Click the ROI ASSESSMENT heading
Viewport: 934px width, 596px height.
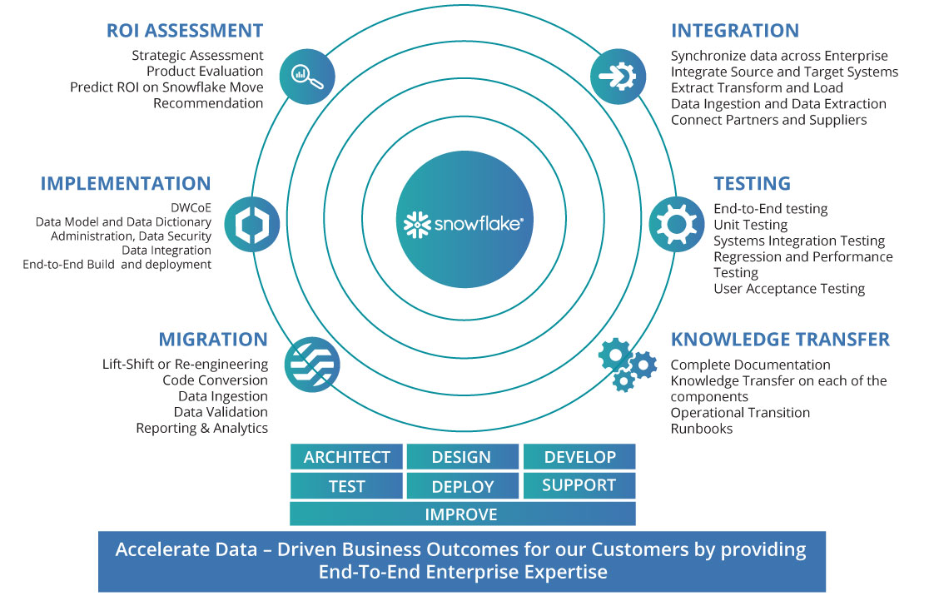coord(185,31)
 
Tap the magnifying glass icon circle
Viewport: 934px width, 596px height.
coord(307,77)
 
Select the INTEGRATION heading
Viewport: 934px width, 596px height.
coord(734,31)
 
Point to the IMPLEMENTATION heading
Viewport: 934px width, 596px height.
coord(126,184)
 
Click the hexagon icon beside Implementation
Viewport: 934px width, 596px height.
coord(251,224)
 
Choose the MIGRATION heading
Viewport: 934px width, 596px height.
coord(213,340)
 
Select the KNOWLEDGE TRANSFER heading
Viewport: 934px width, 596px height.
coord(780,340)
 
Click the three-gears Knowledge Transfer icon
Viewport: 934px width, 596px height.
coord(627,364)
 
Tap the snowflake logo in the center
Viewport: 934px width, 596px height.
coord(463,223)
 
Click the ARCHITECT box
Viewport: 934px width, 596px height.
coord(346,457)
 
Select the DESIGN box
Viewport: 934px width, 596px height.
coord(462,457)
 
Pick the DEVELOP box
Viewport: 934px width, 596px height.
coord(579,457)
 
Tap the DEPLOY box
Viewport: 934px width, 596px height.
coord(462,486)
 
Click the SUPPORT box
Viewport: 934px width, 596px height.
coord(579,485)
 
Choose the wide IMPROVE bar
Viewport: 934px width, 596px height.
coord(462,514)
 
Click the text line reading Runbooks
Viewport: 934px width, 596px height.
coord(702,429)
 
